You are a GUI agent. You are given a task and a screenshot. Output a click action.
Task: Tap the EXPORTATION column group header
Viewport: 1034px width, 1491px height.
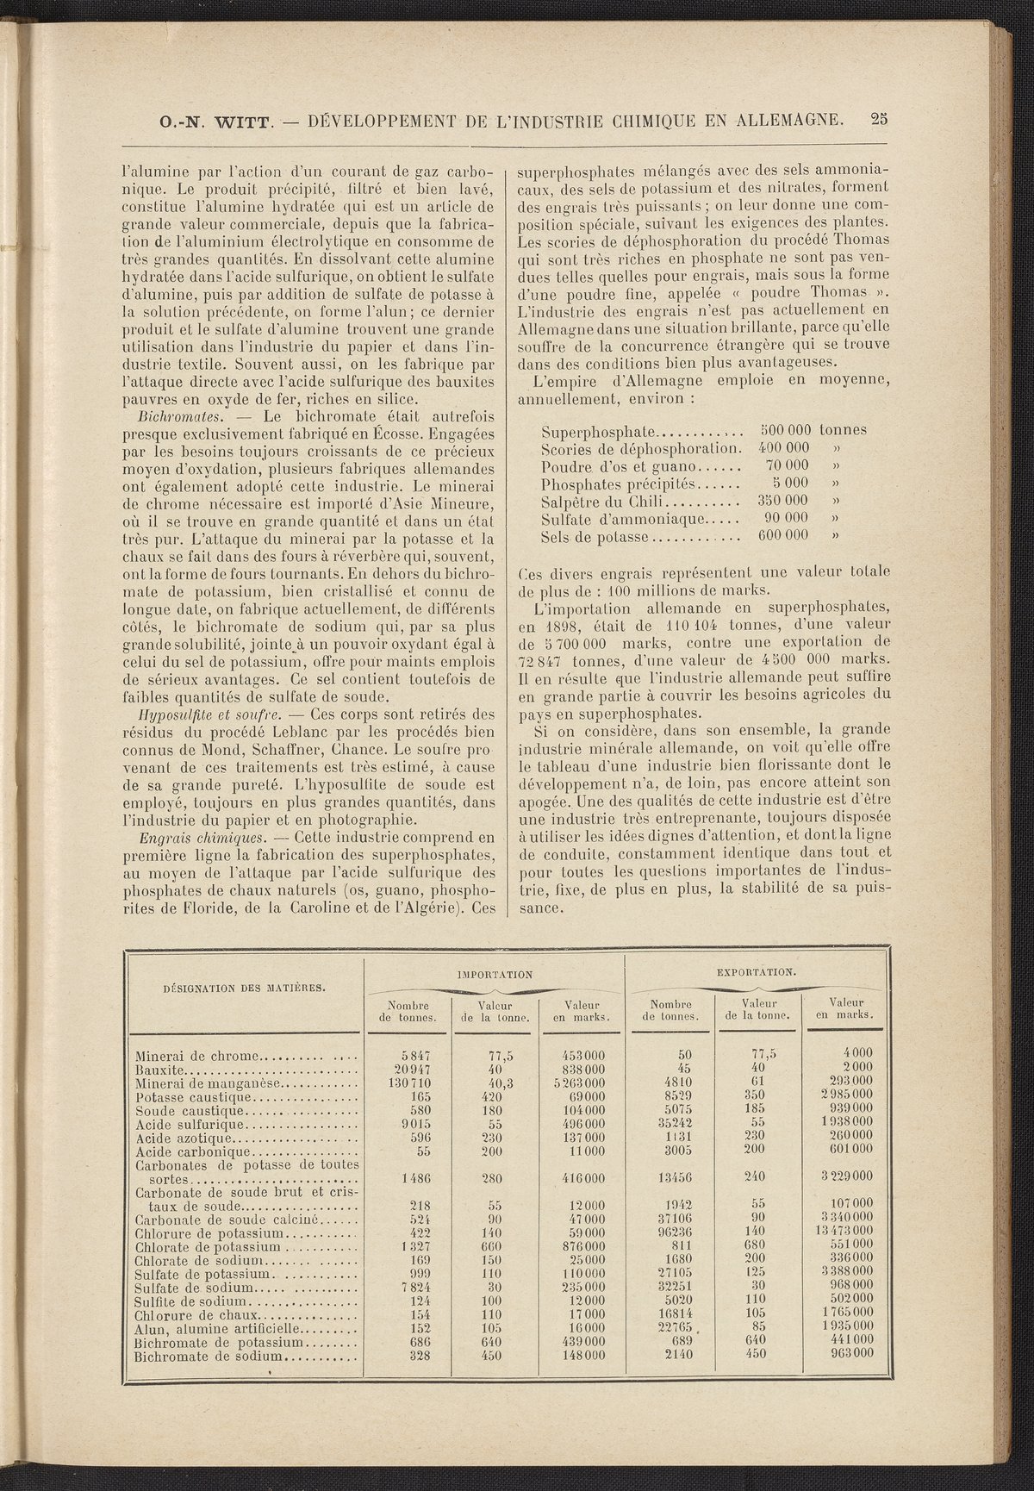[x=756, y=972]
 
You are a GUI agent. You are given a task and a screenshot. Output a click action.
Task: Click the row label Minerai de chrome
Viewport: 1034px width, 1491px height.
[x=198, y=1054]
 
